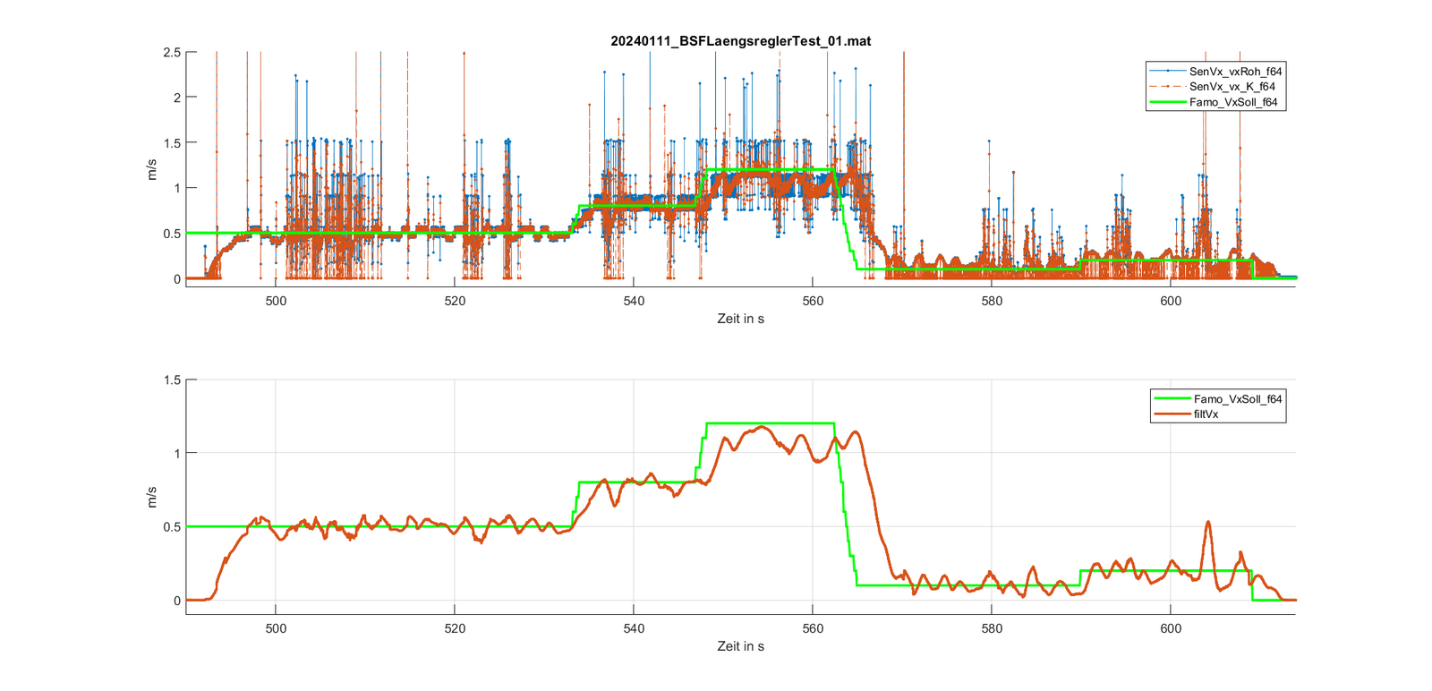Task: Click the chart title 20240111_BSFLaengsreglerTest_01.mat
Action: (x=740, y=41)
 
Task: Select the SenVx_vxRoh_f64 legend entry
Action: (x=1235, y=72)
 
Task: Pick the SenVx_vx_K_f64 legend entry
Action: (x=1232, y=87)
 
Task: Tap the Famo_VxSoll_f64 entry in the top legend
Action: (x=1232, y=102)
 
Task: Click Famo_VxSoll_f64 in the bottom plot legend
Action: (x=1237, y=399)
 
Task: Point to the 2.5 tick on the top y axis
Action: (x=172, y=53)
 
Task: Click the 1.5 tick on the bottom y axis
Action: (x=172, y=380)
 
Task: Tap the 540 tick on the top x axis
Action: (x=634, y=302)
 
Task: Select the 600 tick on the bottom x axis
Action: (x=1171, y=628)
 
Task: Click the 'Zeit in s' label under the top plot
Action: (x=740, y=319)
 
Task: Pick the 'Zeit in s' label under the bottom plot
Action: (x=740, y=646)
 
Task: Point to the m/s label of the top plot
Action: (x=151, y=169)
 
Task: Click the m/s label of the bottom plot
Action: (x=151, y=497)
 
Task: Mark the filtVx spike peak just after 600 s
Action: (x=1208, y=522)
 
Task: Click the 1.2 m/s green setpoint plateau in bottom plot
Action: (x=770, y=423)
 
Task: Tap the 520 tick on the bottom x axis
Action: (x=455, y=628)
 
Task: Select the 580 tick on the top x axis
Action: (x=992, y=302)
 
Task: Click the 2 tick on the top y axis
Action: (x=176, y=98)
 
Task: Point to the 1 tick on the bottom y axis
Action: (x=176, y=454)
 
